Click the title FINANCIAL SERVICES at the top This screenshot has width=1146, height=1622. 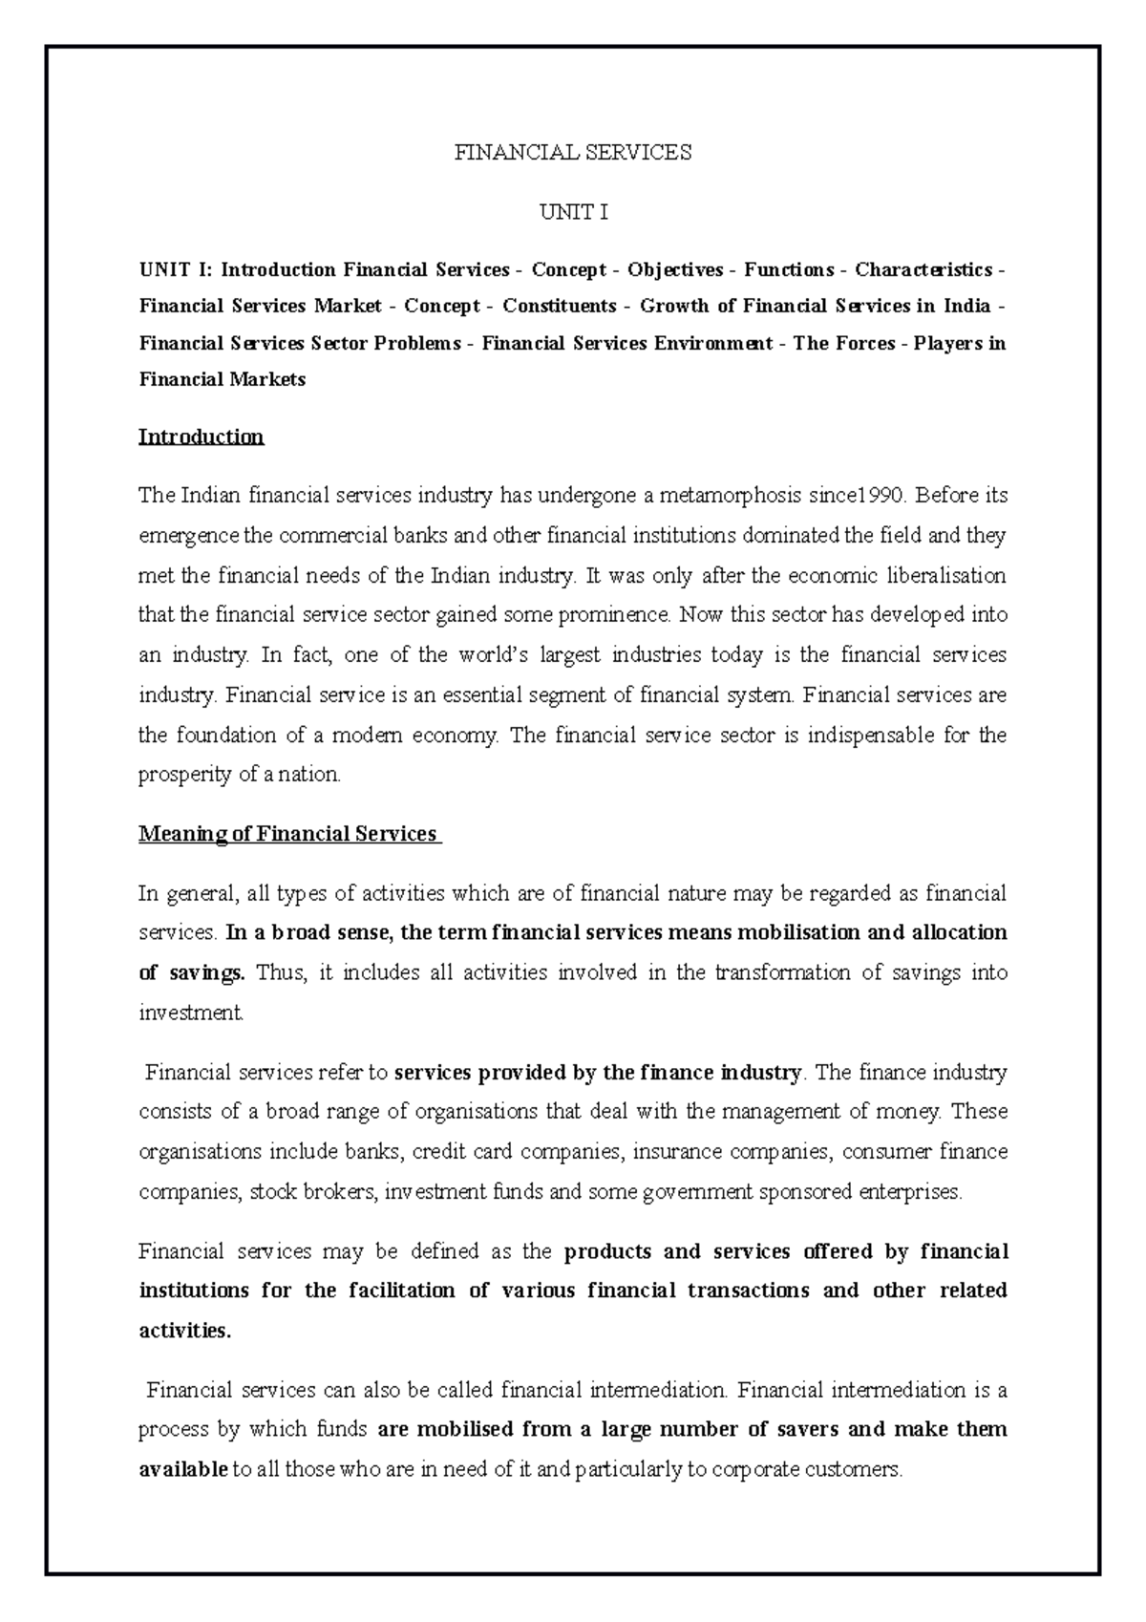[572, 152]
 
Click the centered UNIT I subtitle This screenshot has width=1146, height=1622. [573, 212]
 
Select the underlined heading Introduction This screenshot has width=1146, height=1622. [201, 437]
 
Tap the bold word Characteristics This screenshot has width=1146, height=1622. [923, 269]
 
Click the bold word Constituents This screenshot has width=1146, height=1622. [560, 306]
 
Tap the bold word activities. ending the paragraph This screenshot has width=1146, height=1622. [184, 1331]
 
